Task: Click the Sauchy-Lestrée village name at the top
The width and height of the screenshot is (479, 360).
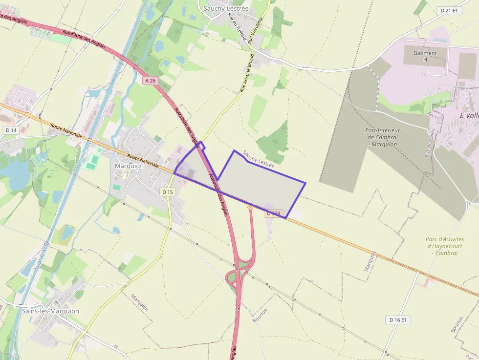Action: click(225, 8)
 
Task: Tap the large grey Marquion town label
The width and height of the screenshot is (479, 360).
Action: click(129, 166)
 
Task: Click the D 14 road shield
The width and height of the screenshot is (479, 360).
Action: click(10, 130)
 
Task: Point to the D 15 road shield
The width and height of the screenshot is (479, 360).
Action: click(168, 192)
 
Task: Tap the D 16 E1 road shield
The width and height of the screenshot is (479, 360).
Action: click(398, 319)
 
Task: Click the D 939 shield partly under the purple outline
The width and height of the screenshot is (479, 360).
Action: click(274, 213)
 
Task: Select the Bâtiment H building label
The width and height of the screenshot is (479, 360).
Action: click(425, 56)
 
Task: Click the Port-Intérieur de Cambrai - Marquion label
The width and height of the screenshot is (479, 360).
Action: click(383, 137)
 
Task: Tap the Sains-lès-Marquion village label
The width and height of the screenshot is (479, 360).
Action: click(50, 311)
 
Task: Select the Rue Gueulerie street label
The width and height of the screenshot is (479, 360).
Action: click(256, 30)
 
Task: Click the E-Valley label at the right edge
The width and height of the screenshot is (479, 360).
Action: click(469, 115)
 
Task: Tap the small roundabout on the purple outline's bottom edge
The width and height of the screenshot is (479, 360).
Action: click(250, 207)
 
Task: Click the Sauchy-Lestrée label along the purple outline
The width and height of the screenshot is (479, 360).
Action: click(258, 159)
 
